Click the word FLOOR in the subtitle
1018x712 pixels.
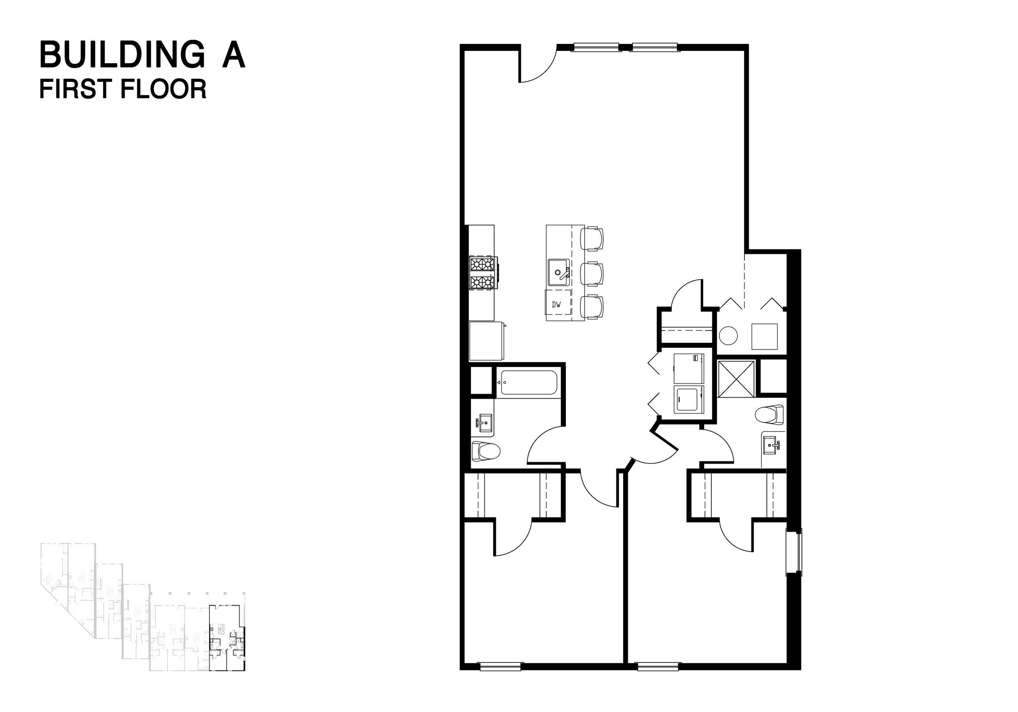point(164,89)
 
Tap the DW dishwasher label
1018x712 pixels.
point(556,305)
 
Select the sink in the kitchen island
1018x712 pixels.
point(559,273)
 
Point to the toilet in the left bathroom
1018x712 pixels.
point(486,451)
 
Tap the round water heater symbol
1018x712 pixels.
point(728,335)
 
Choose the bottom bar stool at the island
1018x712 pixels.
point(593,307)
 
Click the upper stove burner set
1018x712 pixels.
point(482,264)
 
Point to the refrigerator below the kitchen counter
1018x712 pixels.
point(487,341)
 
